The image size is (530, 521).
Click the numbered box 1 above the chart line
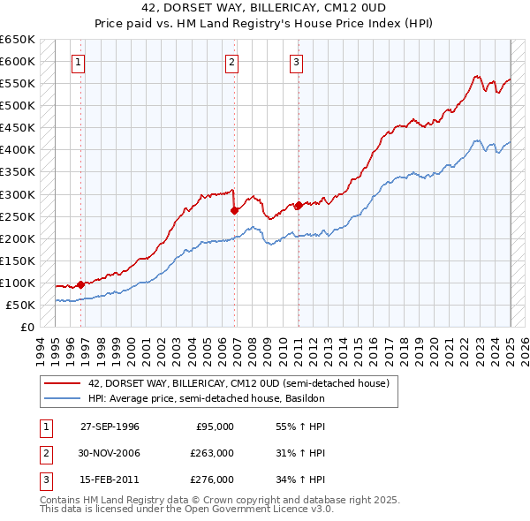pos(79,62)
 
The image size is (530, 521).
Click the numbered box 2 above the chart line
pos(231,62)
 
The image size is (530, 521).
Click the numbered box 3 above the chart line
pos(295,62)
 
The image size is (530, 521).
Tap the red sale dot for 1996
pos(80,284)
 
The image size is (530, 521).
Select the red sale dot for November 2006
pos(234,210)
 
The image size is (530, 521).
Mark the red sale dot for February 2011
pos(299,205)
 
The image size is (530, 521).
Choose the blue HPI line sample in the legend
pos(63,398)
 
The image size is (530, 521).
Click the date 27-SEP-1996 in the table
pos(110,427)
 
